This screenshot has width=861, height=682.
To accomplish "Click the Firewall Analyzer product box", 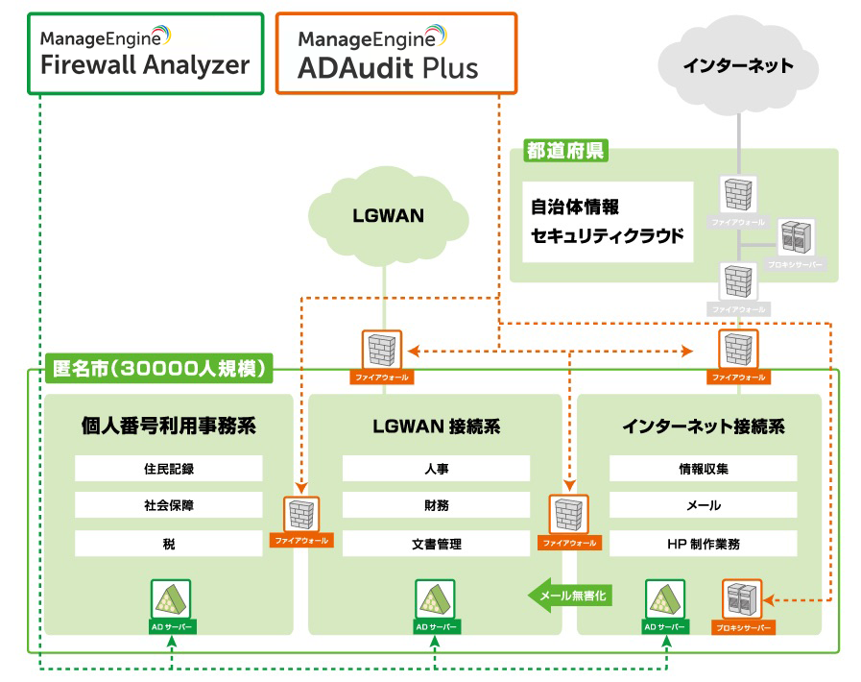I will (x=145, y=53).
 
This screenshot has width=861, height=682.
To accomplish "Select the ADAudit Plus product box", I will (x=395, y=53).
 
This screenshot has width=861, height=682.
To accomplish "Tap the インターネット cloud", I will (x=738, y=65).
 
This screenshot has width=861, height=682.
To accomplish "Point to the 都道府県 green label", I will (x=565, y=151).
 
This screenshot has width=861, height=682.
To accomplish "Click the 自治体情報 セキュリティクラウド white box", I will (x=609, y=221).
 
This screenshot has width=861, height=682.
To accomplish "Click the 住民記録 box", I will (x=169, y=469).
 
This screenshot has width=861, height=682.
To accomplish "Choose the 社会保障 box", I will (x=169, y=505).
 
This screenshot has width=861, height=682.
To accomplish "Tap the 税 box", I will (x=169, y=544).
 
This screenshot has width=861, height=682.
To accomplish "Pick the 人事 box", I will (x=436, y=469).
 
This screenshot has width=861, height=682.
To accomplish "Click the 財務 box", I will (x=436, y=505).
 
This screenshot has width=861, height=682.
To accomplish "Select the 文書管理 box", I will (x=436, y=544).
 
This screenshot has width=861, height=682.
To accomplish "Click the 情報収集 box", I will (x=704, y=469).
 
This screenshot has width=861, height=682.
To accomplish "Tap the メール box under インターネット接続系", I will (x=704, y=505).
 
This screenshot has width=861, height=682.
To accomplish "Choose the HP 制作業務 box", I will (x=704, y=544).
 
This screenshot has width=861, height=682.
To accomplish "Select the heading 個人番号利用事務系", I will (x=169, y=426).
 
